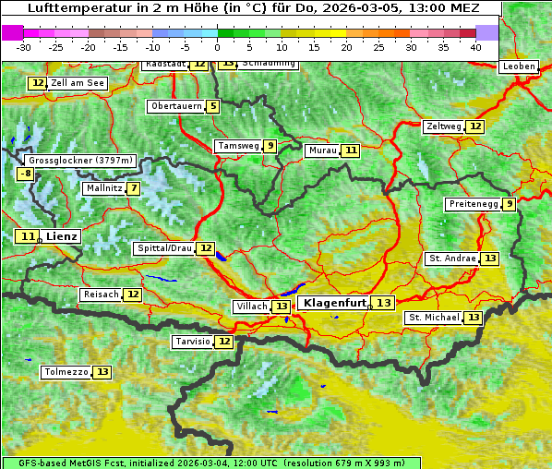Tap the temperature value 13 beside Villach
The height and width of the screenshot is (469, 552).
click(281, 306)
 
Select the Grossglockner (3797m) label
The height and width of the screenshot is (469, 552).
click(81, 160)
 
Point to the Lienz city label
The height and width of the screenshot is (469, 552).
click(62, 236)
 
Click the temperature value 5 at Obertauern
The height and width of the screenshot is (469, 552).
click(213, 106)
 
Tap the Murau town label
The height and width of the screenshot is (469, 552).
click(322, 150)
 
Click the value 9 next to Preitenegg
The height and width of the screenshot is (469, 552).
click(509, 204)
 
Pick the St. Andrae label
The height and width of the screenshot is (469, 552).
click(452, 259)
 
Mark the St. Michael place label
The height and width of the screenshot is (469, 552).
click(434, 318)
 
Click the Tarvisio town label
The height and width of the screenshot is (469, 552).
click(192, 342)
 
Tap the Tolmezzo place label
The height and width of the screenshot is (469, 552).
click(66, 372)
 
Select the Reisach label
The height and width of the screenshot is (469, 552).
click(101, 295)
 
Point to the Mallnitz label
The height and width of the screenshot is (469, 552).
click(102, 188)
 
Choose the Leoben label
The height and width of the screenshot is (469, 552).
click(518, 66)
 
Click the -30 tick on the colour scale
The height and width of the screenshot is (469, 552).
click(24, 47)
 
